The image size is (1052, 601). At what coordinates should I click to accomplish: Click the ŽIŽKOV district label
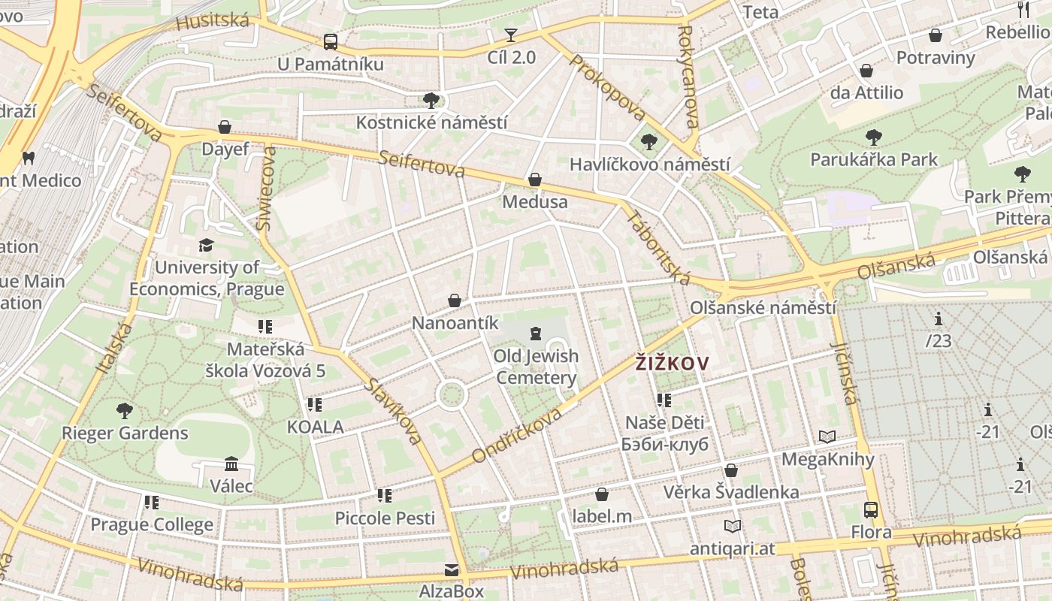coord(672,364)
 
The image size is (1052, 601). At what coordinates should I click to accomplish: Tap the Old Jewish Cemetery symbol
coord(536,333)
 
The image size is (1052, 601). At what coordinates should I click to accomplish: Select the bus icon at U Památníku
coord(331,42)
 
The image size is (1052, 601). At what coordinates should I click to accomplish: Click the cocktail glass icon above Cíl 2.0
coord(511,35)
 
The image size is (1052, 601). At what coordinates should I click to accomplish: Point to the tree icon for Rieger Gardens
coord(125,411)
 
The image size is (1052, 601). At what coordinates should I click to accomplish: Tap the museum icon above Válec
coord(231,464)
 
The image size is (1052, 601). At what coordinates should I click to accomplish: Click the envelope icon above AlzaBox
coord(451,570)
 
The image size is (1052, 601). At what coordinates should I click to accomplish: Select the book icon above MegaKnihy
coord(827,436)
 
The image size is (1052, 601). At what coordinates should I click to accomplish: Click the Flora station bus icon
coord(871,510)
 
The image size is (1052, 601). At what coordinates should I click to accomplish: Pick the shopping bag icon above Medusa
coord(535,180)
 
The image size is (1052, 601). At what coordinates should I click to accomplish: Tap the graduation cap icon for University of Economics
coord(206,245)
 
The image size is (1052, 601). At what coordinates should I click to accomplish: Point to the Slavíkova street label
coord(394,411)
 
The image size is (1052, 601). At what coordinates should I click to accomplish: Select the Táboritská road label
coord(658,248)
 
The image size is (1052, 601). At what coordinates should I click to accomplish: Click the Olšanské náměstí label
coord(763,308)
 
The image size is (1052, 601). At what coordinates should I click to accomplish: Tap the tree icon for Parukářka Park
coord(873,137)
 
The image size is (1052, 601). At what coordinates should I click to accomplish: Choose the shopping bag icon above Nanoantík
coord(455,301)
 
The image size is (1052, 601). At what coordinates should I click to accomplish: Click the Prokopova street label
coord(607,87)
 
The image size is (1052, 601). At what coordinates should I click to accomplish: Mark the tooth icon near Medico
coord(29,158)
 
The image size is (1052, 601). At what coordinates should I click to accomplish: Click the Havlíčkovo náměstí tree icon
coord(648,142)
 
